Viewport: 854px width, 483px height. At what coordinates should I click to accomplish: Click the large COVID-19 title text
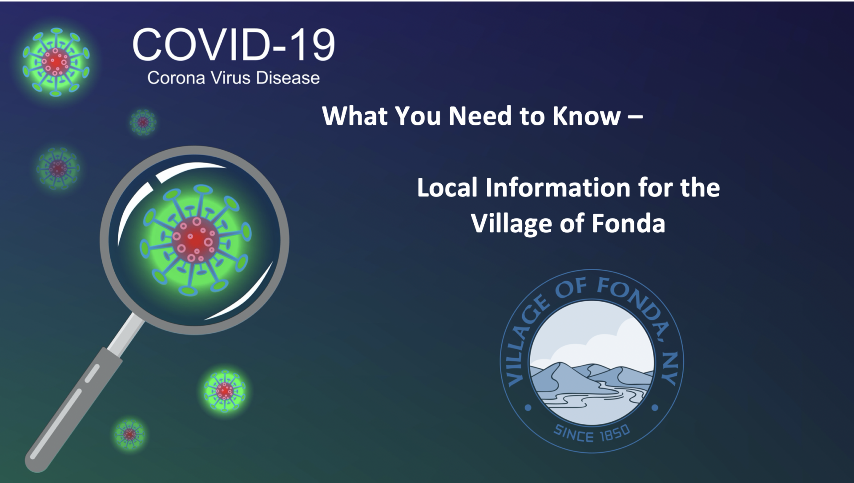click(x=234, y=45)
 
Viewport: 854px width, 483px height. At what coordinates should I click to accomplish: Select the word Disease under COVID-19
click(x=287, y=78)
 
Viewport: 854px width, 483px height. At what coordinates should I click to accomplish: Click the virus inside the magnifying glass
click(x=195, y=240)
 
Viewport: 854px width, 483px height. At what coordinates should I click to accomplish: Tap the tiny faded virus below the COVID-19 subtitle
click(x=143, y=122)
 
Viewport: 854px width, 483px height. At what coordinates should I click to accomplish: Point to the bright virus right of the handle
click(x=225, y=391)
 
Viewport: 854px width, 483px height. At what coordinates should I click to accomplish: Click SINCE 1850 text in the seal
click(x=592, y=433)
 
